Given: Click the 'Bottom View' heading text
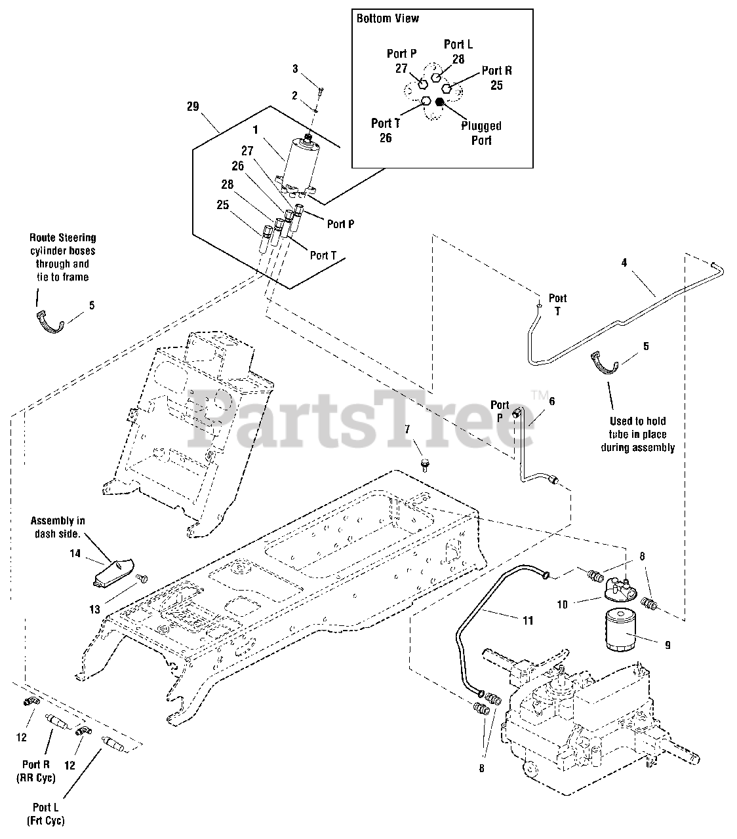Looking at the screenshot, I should tap(388, 18).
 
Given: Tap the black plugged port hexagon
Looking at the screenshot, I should tap(440, 101).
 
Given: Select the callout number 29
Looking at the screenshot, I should tap(193, 106).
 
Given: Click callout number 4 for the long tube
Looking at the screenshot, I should tap(624, 263).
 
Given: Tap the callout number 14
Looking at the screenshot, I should tap(75, 554).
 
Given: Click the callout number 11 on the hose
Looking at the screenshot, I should tap(528, 619).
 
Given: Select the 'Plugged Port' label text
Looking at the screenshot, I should tap(481, 132).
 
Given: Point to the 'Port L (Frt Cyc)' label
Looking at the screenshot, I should tap(45, 813).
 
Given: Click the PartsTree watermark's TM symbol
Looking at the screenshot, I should tap(540, 395).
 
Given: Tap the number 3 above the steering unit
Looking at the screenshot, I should tap(295, 68).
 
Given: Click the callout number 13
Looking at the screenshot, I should tap(94, 610).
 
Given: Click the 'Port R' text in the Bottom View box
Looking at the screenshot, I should tap(496, 71).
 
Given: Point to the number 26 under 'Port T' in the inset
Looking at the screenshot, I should tap(386, 138).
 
